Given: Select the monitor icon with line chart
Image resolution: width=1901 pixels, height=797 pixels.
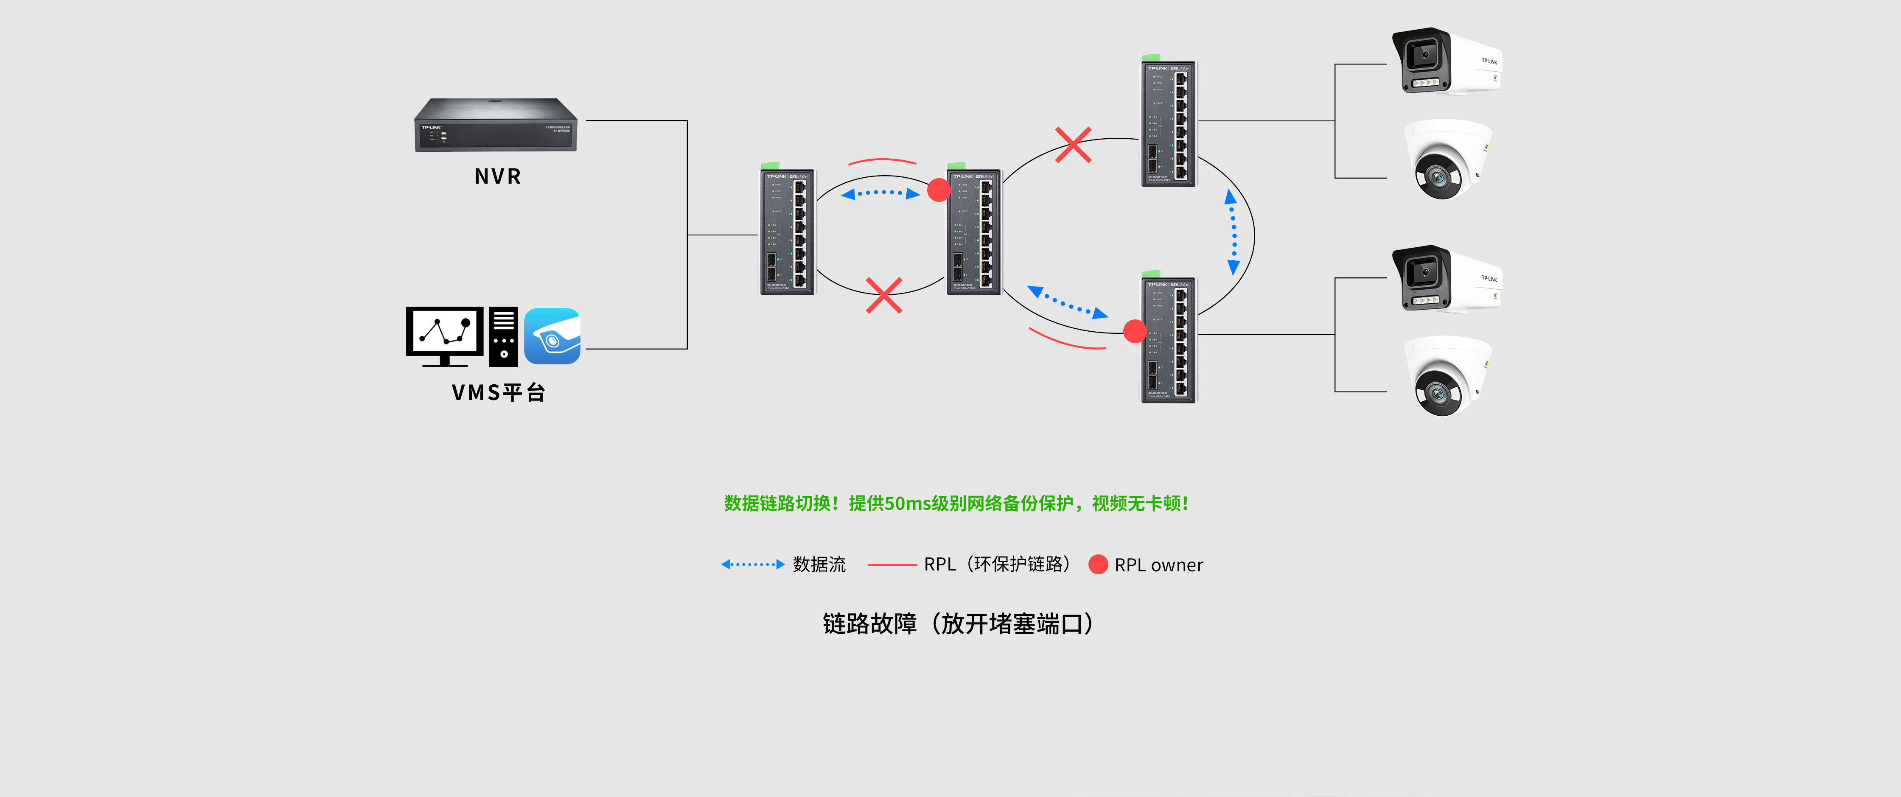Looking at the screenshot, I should pyautogui.click(x=444, y=336).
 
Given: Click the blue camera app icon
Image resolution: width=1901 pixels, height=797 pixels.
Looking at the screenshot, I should pyautogui.click(x=552, y=336).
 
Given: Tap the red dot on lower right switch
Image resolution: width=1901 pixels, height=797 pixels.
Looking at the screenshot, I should pyautogui.click(x=1134, y=331).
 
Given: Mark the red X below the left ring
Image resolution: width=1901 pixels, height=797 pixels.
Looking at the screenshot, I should pyautogui.click(x=883, y=295).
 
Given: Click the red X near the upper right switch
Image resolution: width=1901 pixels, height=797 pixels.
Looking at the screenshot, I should pyautogui.click(x=1073, y=145).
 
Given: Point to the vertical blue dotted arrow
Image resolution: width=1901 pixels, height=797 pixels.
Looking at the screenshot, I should pyautogui.click(x=1232, y=232).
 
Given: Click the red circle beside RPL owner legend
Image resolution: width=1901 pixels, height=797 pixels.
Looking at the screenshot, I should pyautogui.click(x=1098, y=565).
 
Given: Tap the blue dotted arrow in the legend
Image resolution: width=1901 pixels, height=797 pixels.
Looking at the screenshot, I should pyautogui.click(x=752, y=565).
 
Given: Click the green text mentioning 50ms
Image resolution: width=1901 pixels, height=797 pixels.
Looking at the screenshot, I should pyautogui.click(x=956, y=503).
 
